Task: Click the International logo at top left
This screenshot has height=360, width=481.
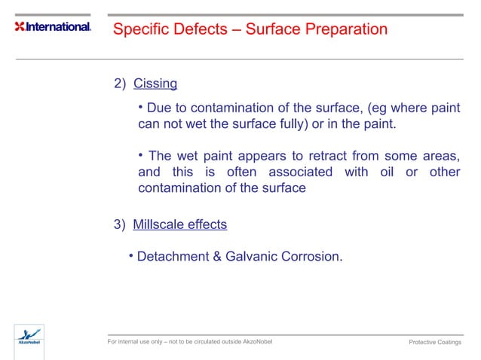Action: coord(53,27)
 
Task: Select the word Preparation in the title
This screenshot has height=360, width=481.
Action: coord(346,29)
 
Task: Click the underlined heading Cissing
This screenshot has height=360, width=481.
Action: coord(155,83)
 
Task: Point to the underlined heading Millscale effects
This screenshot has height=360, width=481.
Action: coord(179,224)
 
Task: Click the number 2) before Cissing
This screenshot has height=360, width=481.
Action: coord(120,83)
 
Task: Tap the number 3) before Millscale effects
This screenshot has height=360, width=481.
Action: coord(120,224)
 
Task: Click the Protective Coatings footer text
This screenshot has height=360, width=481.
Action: coord(435,343)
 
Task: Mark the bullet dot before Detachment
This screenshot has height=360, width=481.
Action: coord(130,255)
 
